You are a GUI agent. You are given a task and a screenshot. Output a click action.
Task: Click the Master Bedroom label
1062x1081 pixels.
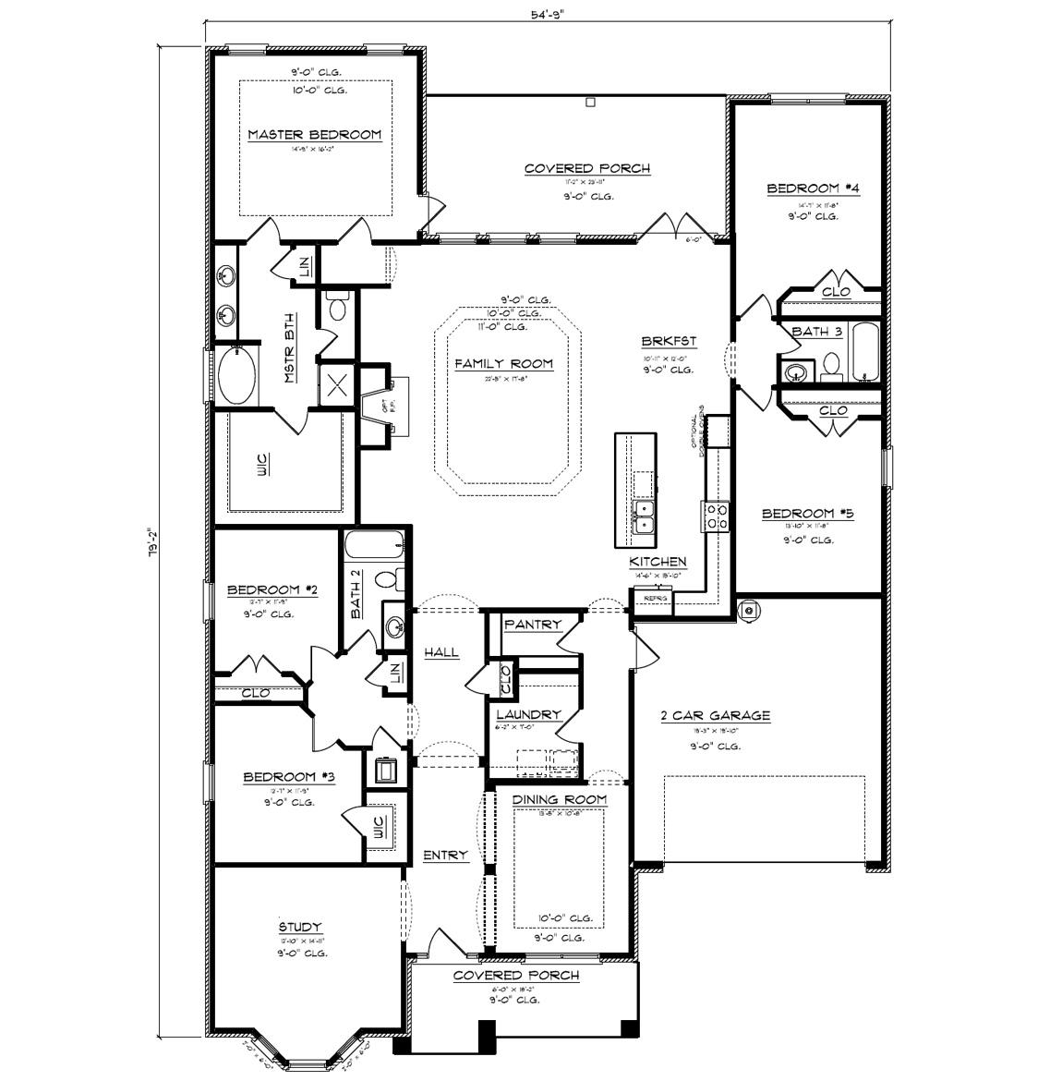(x=314, y=135)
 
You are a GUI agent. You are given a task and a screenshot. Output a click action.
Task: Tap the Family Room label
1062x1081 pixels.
(x=503, y=364)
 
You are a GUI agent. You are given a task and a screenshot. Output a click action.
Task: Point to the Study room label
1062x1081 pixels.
(x=300, y=927)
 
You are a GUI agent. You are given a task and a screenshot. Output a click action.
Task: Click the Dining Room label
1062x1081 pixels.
(x=560, y=799)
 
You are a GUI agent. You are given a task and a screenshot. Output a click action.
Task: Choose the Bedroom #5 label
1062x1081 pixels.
(x=807, y=514)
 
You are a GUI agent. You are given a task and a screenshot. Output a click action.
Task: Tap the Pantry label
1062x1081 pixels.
(x=533, y=625)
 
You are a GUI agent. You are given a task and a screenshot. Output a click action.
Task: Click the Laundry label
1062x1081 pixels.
(x=528, y=714)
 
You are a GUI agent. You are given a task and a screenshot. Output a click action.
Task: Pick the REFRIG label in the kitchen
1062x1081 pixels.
(x=655, y=599)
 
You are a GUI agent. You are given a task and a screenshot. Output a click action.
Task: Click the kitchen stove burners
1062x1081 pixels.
(x=717, y=516)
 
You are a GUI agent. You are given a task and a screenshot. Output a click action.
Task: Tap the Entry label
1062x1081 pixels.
(x=445, y=856)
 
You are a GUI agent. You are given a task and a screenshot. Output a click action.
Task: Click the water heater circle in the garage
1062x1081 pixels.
(x=750, y=610)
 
